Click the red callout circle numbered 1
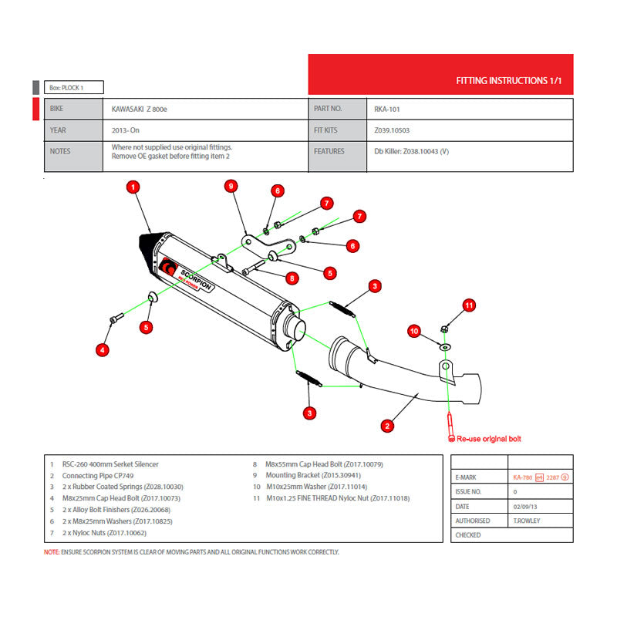point(133,187)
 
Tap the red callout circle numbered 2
point(388,424)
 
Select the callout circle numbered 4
point(102,351)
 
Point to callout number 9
point(230,185)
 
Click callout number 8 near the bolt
point(291,278)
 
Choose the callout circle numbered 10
point(413,331)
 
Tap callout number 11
point(470,305)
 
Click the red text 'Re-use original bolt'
point(488,439)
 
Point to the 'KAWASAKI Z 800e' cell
point(140,110)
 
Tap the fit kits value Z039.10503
point(392,130)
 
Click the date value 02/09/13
point(527,506)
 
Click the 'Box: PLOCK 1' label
point(68,88)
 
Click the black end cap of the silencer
point(148,246)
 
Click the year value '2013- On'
point(126,130)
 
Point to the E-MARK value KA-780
point(521,477)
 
